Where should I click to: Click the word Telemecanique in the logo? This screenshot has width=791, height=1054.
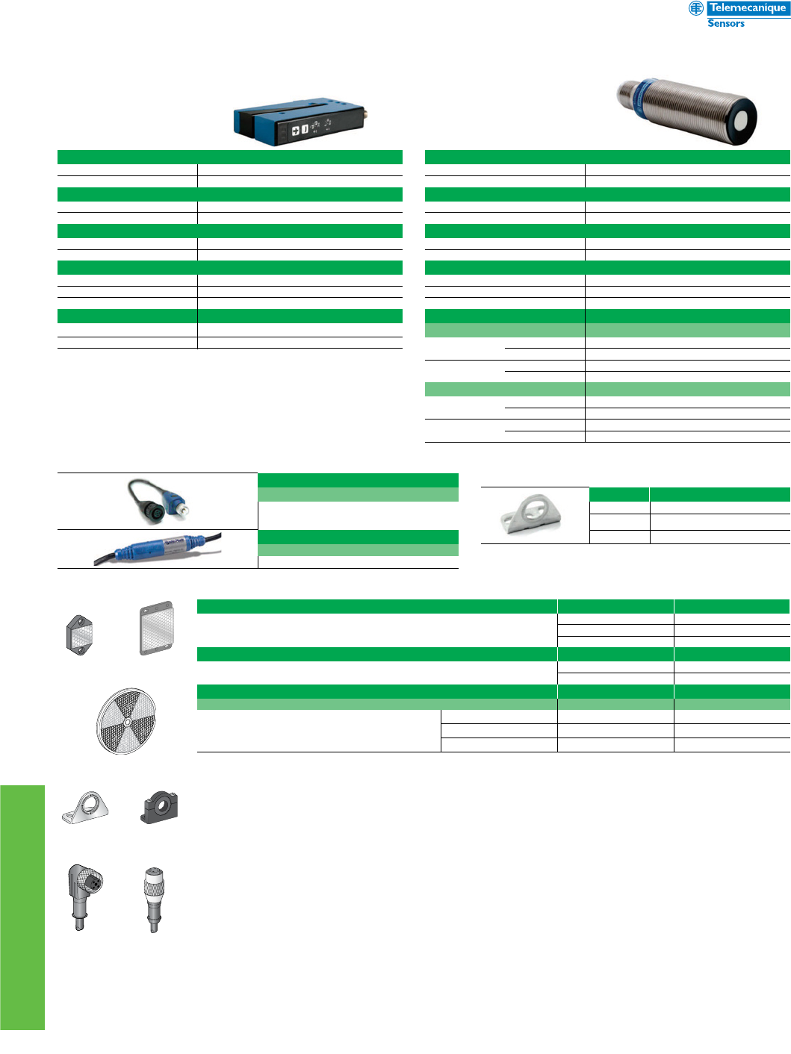point(747,8)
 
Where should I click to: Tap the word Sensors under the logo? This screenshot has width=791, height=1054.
point(726,24)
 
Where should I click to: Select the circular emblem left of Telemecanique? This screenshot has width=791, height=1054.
point(695,8)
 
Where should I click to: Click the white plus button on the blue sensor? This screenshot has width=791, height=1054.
point(295,131)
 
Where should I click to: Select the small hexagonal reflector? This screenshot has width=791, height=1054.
point(79,634)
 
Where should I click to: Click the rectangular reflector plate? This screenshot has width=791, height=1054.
point(157,628)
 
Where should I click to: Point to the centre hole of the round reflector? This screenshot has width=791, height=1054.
point(127,721)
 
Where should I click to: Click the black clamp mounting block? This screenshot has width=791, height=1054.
point(159,808)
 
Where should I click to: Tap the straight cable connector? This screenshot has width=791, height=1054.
point(154,898)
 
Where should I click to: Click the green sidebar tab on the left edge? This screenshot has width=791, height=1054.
point(22,907)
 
